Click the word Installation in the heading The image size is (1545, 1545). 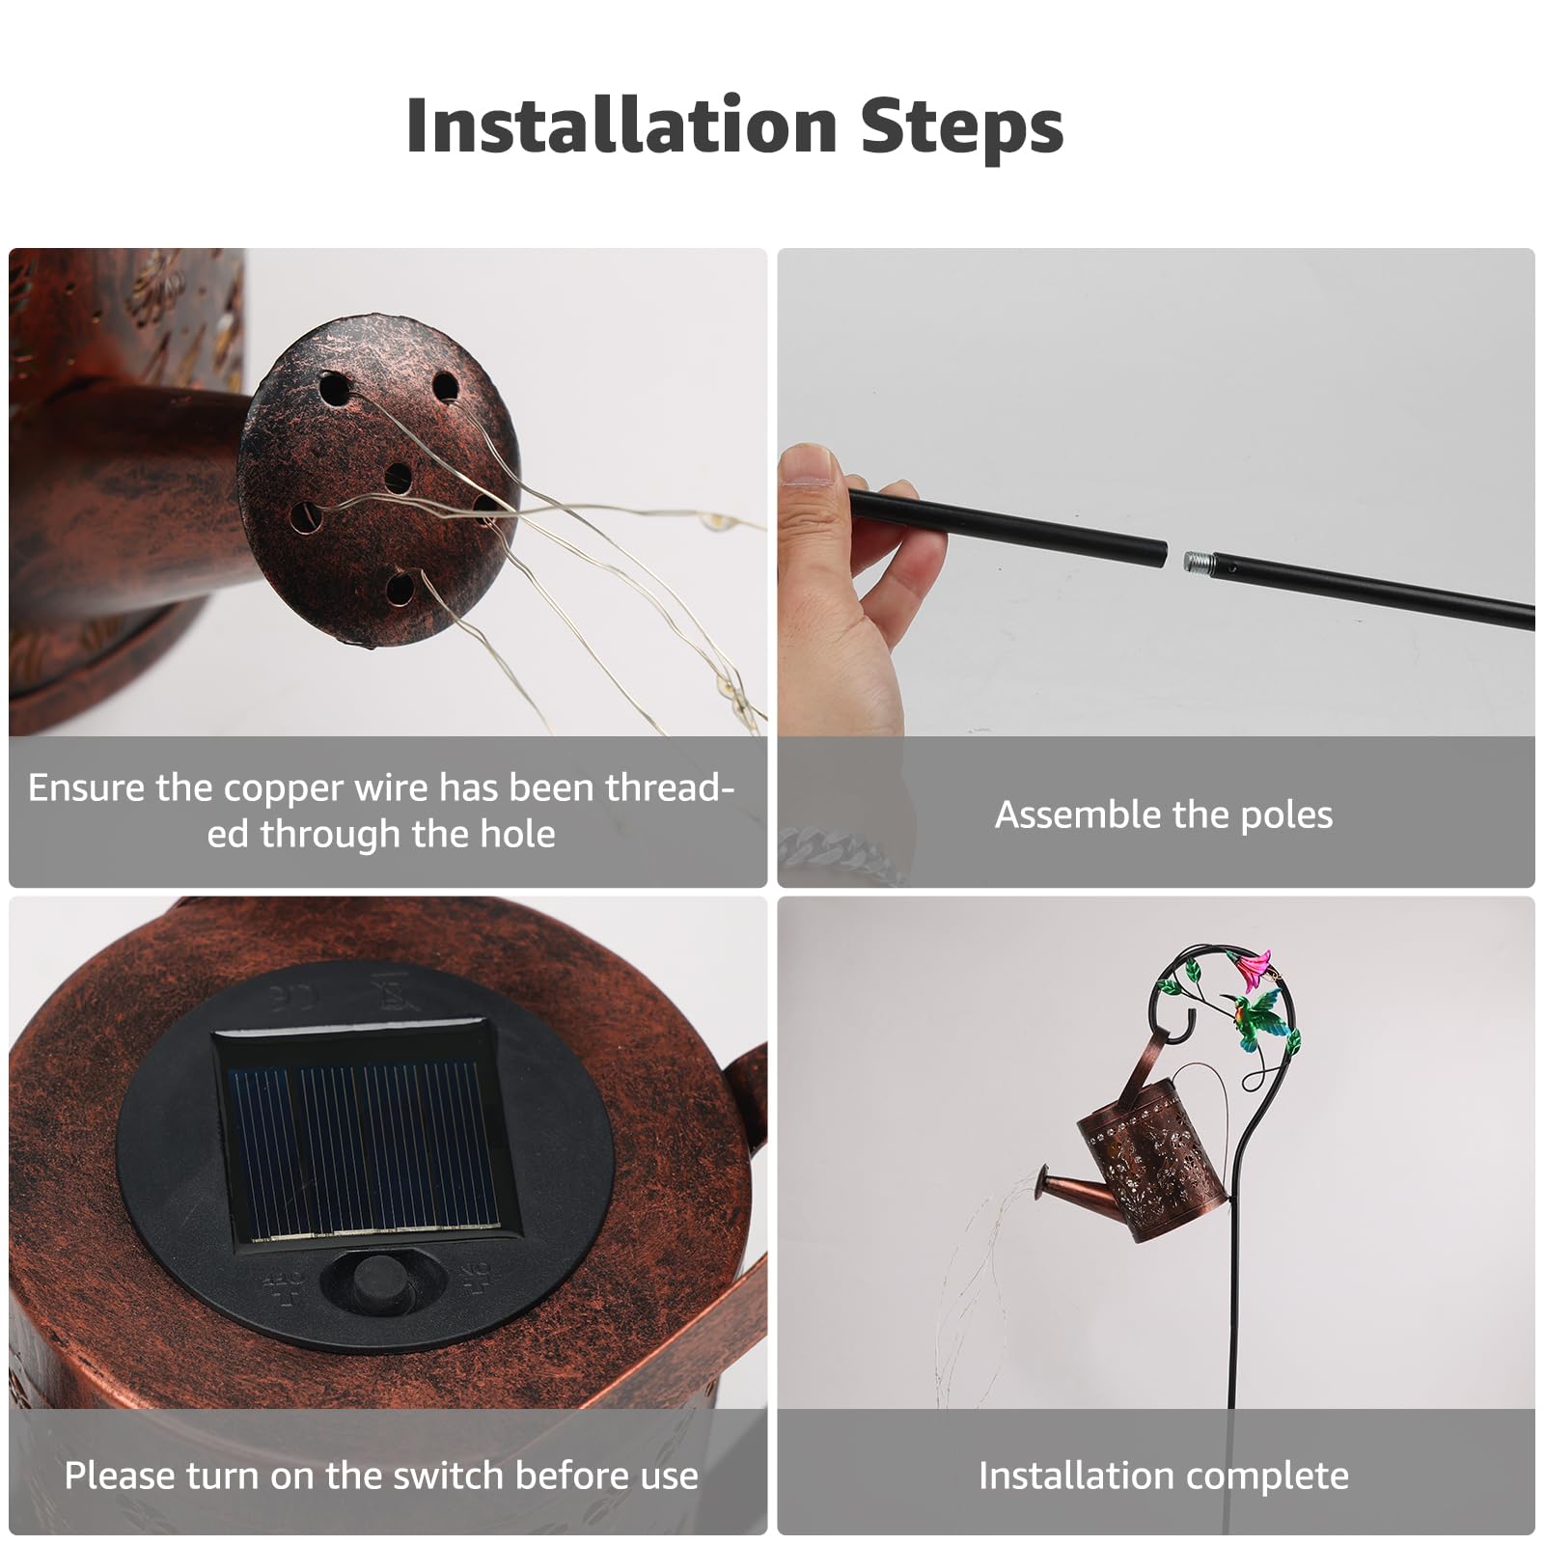621,125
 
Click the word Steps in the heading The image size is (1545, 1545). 962,127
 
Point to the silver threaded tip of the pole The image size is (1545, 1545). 1196,559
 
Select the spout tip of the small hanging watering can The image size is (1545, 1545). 1042,1178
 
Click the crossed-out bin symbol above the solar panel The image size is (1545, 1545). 394,991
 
